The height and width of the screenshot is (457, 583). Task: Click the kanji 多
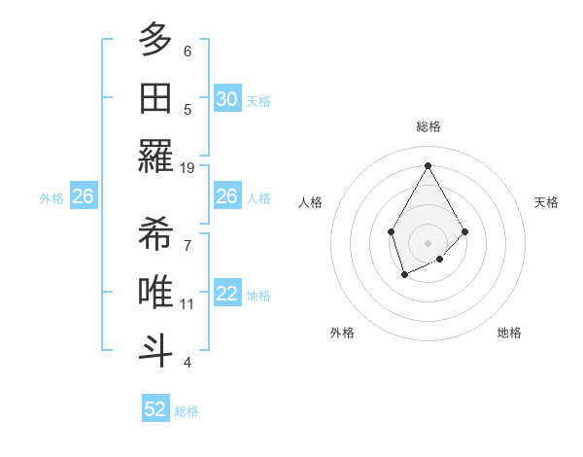[x=155, y=41]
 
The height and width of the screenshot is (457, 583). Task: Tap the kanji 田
[x=155, y=99]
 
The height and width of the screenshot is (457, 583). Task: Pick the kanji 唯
[x=155, y=293]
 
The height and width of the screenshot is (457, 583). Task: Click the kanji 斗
[x=155, y=350]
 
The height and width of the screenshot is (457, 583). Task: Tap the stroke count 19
[x=189, y=167]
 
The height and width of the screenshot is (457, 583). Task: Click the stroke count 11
[x=189, y=304]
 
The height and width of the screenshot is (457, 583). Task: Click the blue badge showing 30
[x=226, y=99]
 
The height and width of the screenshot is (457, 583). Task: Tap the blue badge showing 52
[x=155, y=409]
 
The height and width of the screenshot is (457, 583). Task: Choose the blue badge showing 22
[x=226, y=295]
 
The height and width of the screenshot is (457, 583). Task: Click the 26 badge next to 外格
[x=83, y=197]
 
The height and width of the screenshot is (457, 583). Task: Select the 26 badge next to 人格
[x=226, y=197]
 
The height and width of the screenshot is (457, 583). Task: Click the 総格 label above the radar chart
[x=428, y=126]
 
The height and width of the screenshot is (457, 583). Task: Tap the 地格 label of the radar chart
[x=509, y=333]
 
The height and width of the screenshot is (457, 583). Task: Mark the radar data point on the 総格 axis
[x=428, y=164]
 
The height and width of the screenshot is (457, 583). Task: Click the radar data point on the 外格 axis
[x=404, y=275]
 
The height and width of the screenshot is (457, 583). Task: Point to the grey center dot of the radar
[x=428, y=242]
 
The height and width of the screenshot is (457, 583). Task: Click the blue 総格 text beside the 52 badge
[x=187, y=411]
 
